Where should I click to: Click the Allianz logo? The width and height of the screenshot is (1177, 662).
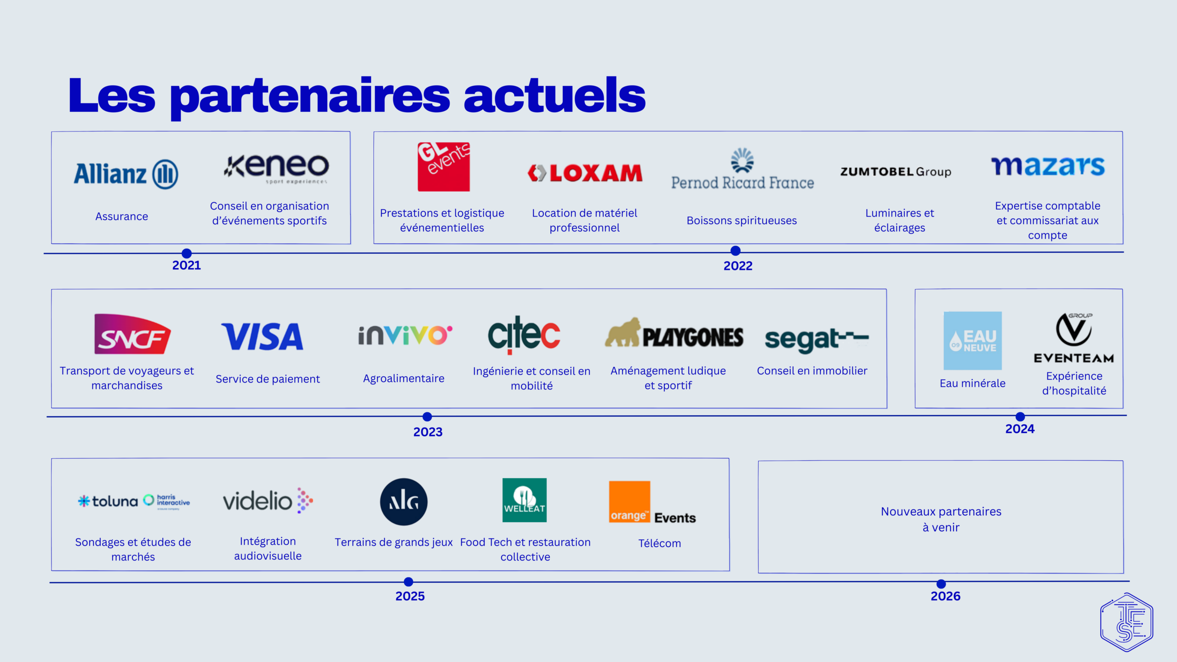pyautogui.click(x=126, y=174)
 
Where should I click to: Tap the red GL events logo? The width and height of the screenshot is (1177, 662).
pyautogui.click(x=444, y=166)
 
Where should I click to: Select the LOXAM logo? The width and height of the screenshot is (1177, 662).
pyautogui.click(x=585, y=173)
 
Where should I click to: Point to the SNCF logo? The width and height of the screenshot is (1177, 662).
pyautogui.click(x=132, y=334)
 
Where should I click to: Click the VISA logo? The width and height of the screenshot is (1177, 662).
pyautogui.click(x=262, y=337)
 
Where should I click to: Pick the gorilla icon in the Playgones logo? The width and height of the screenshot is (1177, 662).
pyautogui.click(x=623, y=332)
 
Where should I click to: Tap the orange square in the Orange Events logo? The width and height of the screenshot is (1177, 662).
pyautogui.click(x=629, y=502)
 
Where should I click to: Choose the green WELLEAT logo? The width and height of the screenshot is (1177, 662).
pyautogui.click(x=525, y=500)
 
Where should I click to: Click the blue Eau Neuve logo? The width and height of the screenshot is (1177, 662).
pyautogui.click(x=972, y=341)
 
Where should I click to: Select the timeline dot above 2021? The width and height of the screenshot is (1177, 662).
pyautogui.click(x=187, y=253)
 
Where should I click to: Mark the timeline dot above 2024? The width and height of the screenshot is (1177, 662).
pyautogui.click(x=1020, y=417)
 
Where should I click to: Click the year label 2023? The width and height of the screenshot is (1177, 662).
pyautogui.click(x=428, y=432)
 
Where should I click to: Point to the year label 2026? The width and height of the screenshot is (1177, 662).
pyautogui.click(x=945, y=596)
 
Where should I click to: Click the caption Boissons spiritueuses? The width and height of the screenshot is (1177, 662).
pyautogui.click(x=742, y=221)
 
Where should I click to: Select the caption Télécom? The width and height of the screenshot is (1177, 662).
pyautogui.click(x=659, y=543)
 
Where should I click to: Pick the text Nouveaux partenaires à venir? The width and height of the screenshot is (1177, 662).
pyautogui.click(x=941, y=519)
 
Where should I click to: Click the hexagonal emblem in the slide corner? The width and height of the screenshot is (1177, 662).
pyautogui.click(x=1126, y=622)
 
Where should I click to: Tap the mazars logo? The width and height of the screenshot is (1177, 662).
pyautogui.click(x=1048, y=166)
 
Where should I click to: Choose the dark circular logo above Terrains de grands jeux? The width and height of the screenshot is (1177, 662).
pyautogui.click(x=404, y=502)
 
